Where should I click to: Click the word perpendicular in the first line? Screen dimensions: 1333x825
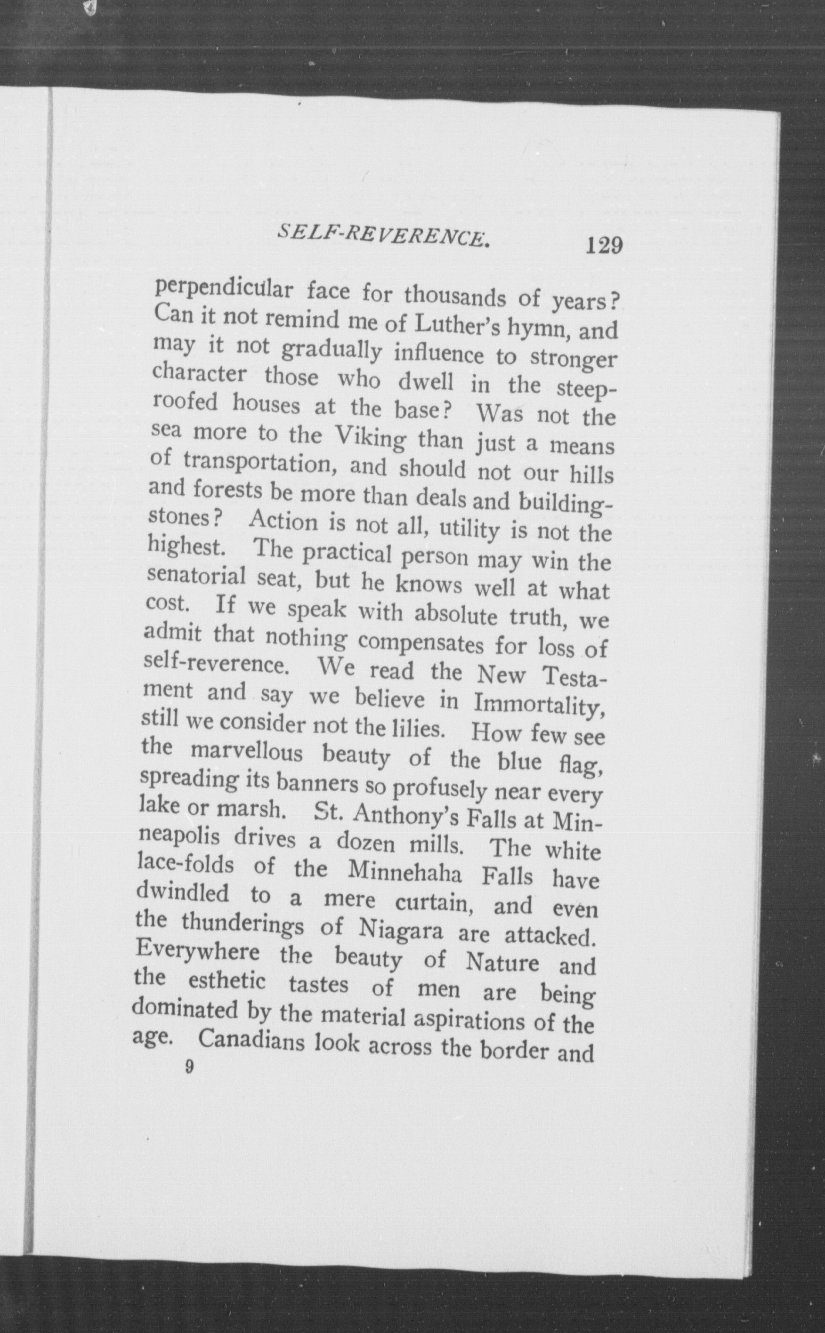(x=224, y=288)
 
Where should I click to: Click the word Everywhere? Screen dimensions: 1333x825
(x=197, y=954)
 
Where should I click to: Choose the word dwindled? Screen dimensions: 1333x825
(x=183, y=893)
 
